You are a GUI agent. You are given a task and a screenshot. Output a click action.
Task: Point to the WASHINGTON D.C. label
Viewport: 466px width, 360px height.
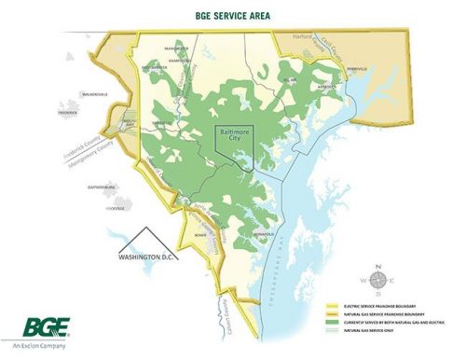147,255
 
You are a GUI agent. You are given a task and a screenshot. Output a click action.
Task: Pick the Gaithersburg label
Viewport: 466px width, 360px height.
101,187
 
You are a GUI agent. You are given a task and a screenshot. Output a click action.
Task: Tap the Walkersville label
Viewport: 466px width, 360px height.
95,94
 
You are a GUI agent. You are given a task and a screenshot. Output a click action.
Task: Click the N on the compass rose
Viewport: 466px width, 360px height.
378,269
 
